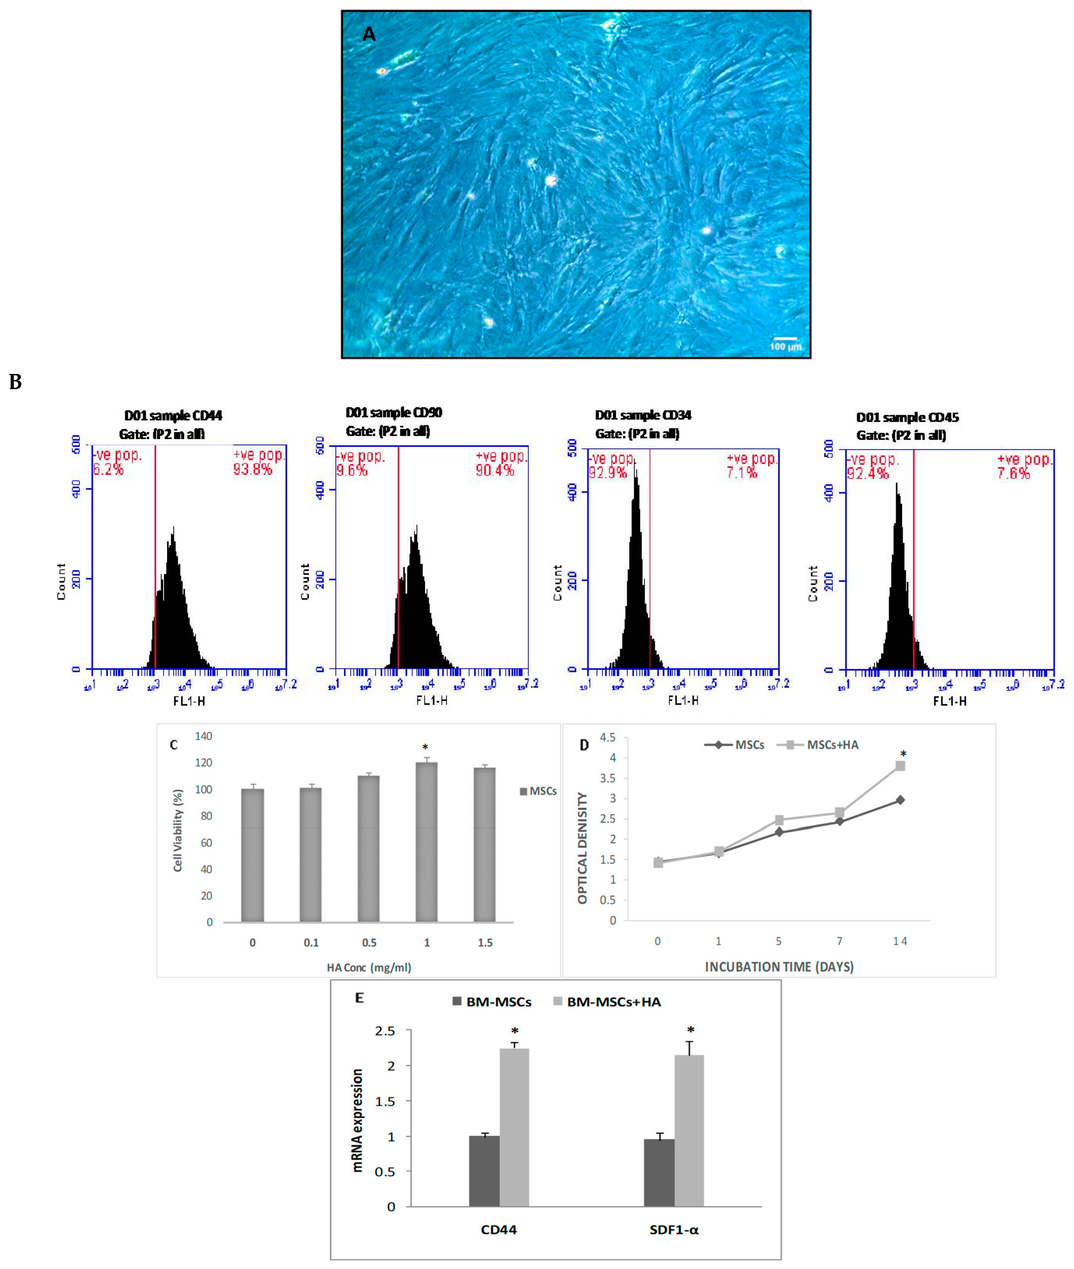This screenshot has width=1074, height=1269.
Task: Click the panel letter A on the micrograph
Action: [x=369, y=35]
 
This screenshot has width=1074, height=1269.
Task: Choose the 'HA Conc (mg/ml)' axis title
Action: [x=369, y=967]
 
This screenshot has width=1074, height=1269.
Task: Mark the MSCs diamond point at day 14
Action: [x=900, y=800]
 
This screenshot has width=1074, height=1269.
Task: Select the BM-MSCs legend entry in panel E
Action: [x=492, y=1002]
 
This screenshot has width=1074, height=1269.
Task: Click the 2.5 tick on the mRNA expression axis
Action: [x=385, y=1031]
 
